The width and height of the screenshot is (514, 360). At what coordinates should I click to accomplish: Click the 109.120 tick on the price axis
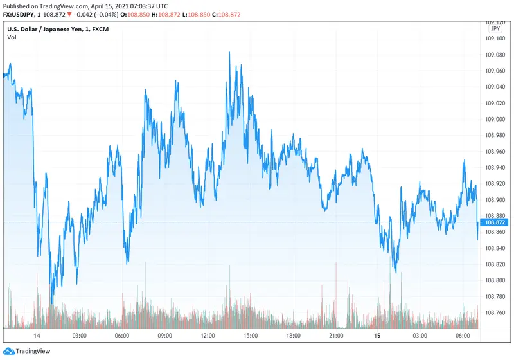tap(495, 22)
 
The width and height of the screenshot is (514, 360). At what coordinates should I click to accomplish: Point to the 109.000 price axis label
tap(495, 119)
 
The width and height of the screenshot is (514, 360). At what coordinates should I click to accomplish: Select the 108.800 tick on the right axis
tap(495, 280)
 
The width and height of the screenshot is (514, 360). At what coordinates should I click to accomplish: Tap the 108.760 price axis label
tap(495, 312)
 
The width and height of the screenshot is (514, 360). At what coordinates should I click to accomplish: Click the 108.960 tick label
tap(495, 151)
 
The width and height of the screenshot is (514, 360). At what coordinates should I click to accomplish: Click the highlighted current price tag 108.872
tap(495, 222)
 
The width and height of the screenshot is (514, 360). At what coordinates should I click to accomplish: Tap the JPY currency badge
tap(495, 29)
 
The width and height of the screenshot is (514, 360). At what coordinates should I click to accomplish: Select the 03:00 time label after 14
tap(79, 336)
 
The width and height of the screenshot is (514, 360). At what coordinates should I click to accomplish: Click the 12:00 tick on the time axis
tap(208, 336)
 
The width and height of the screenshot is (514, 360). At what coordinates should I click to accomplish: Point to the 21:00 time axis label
tap(336, 336)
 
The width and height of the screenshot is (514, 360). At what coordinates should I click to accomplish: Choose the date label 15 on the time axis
tap(378, 336)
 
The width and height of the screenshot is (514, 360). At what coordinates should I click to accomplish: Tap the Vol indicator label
tap(12, 37)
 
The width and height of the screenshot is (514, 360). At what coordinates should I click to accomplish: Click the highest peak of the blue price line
tap(229, 53)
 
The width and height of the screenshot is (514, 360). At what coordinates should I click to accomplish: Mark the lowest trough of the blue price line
tap(51, 303)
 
